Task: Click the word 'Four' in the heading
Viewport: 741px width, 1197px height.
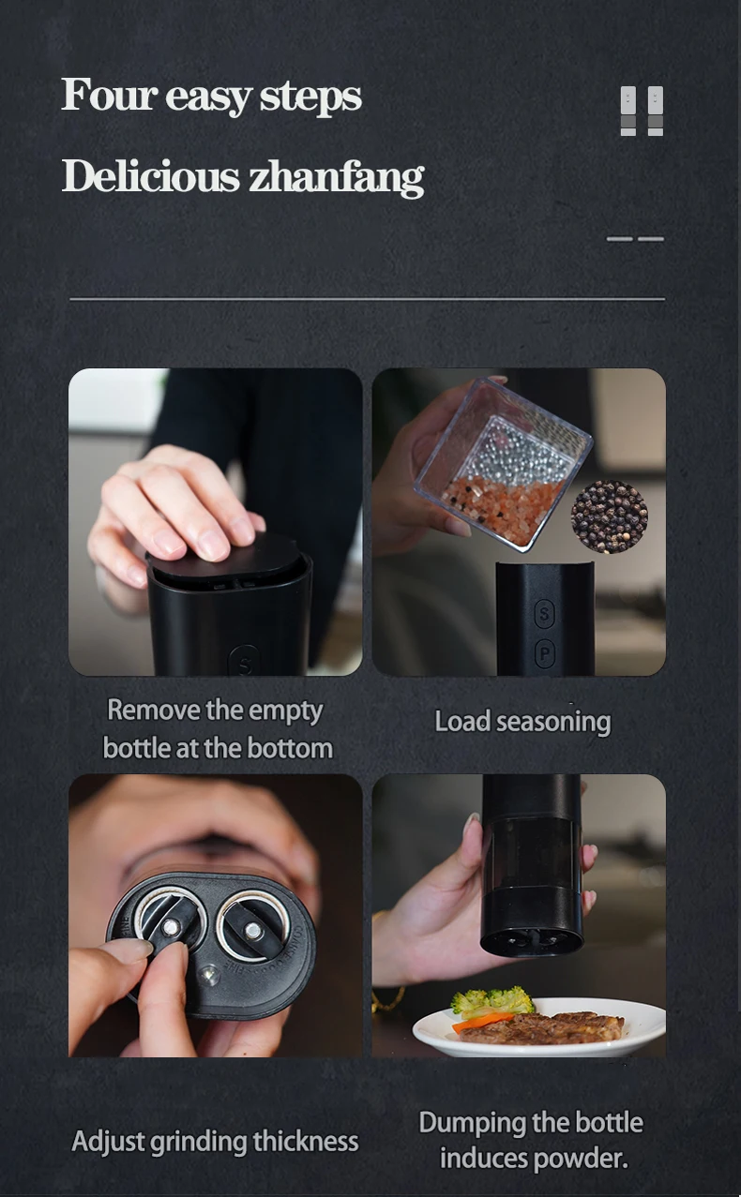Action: [x=108, y=96]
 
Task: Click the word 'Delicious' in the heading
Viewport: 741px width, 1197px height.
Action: [x=150, y=176]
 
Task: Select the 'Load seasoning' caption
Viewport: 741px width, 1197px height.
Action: [x=522, y=722]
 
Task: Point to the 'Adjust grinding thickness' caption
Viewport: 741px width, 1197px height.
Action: [x=215, y=1142]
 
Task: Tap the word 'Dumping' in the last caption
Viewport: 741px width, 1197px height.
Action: [x=473, y=1123]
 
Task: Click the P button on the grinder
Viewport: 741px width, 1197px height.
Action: [x=545, y=654]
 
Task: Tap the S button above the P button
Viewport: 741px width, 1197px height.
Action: [x=545, y=615]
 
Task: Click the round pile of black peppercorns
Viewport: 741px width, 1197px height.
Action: [x=610, y=516]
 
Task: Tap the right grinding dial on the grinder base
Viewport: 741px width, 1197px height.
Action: [x=252, y=927]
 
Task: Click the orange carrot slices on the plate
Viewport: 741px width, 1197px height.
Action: [x=480, y=1022]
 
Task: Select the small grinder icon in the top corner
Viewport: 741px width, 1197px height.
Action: [x=642, y=112]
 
